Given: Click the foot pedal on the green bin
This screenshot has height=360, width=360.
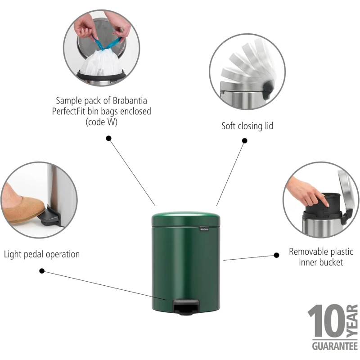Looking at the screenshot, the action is pyautogui.click(x=186, y=307).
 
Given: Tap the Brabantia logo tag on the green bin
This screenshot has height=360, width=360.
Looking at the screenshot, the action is pyautogui.click(x=204, y=229).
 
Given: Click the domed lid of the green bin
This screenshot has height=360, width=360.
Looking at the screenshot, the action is pyautogui.click(x=186, y=219).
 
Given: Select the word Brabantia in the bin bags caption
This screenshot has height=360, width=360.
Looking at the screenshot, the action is pyautogui.click(x=130, y=100).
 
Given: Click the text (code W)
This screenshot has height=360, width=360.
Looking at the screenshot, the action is pyautogui.click(x=102, y=122).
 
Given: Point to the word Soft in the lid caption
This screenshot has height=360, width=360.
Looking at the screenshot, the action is pyautogui.click(x=229, y=126).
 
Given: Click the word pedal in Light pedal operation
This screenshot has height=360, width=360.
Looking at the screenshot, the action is pyautogui.click(x=33, y=254).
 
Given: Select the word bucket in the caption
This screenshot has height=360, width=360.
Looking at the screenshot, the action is pyautogui.click(x=332, y=262).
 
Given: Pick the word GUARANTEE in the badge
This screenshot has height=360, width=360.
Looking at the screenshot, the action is pyautogui.click(x=335, y=346).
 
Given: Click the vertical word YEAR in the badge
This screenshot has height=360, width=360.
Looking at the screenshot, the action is pyautogui.click(x=352, y=321).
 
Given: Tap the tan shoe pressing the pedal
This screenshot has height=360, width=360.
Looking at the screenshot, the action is pyautogui.click(x=23, y=208).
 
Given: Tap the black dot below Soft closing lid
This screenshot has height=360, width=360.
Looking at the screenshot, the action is pyautogui.click(x=245, y=140).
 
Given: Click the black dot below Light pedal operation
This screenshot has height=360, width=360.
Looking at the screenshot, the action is pyautogui.click(x=42, y=271).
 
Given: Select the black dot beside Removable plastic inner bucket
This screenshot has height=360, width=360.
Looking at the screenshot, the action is pyautogui.click(x=277, y=255).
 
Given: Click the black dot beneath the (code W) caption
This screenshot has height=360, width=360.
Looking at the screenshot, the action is pyautogui.click(x=108, y=138).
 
